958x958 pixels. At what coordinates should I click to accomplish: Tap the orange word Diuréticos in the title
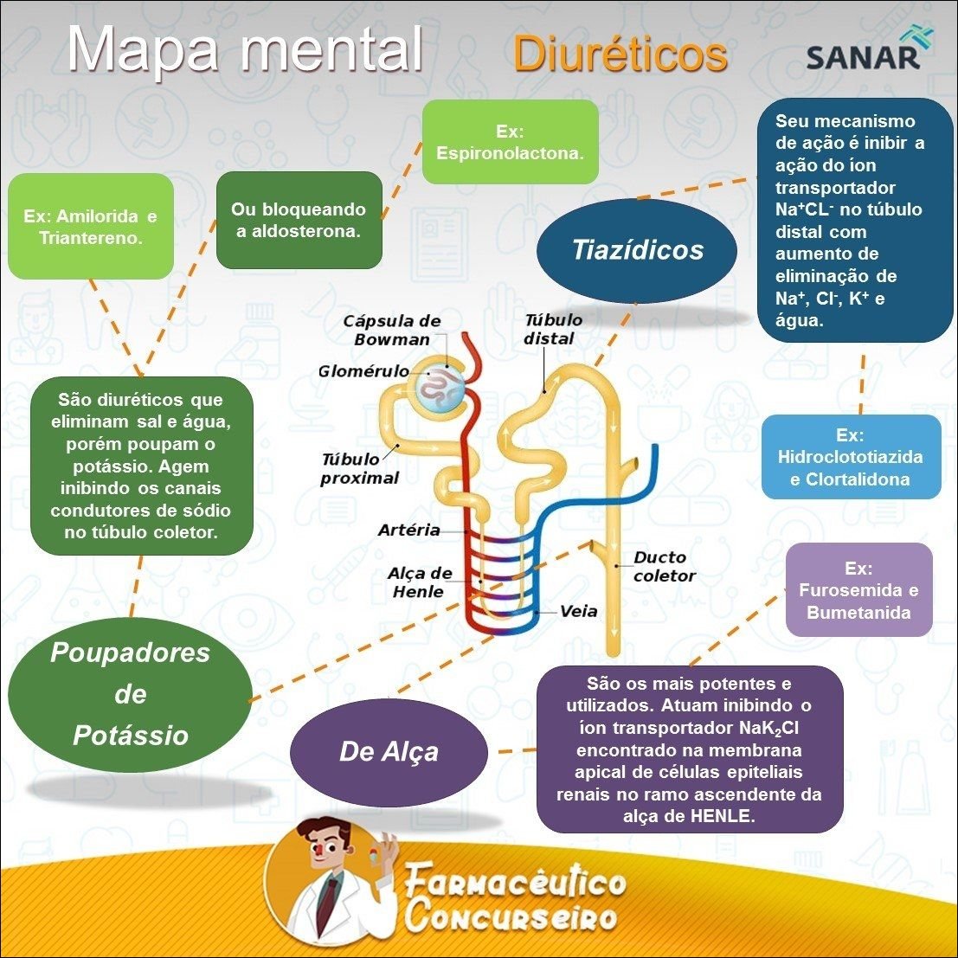click(x=620, y=55)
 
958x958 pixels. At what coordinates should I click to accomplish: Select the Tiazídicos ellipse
click(x=637, y=250)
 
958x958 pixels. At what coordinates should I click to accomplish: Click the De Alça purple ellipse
click(x=389, y=751)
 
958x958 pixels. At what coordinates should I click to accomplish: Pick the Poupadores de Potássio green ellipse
click(x=130, y=694)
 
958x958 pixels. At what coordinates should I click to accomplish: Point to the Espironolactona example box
click(x=510, y=142)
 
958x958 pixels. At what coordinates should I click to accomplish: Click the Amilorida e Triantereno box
click(x=90, y=226)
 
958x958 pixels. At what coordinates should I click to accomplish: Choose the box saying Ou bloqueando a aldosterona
click(x=299, y=220)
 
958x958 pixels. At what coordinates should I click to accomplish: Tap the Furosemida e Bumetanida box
click(x=858, y=590)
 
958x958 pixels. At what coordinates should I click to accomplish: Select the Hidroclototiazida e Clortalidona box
click(x=850, y=456)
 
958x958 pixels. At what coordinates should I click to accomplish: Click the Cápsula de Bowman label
click(x=392, y=330)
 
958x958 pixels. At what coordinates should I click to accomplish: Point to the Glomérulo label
click(x=363, y=371)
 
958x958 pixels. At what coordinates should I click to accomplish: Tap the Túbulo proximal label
click(x=359, y=468)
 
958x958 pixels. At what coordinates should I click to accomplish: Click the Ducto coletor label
click(x=664, y=566)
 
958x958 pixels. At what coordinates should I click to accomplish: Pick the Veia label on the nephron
click(x=578, y=611)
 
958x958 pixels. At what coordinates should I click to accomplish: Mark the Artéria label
click(x=408, y=530)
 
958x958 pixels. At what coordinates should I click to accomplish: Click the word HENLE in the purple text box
click(x=726, y=816)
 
